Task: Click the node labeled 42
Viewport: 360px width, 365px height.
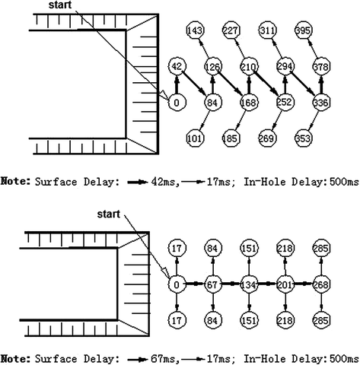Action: pos(177,67)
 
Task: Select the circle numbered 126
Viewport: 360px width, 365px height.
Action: pos(212,67)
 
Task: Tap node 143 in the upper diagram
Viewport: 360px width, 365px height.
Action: pos(194,30)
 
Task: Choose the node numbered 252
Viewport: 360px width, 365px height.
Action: pos(284,103)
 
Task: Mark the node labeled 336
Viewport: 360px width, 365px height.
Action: pos(320,103)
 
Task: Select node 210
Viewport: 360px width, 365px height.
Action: pos(248,67)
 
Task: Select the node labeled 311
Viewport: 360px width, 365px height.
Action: pos(266,30)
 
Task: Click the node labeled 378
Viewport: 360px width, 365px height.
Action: pos(320,67)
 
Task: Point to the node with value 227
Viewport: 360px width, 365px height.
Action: pos(230,30)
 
